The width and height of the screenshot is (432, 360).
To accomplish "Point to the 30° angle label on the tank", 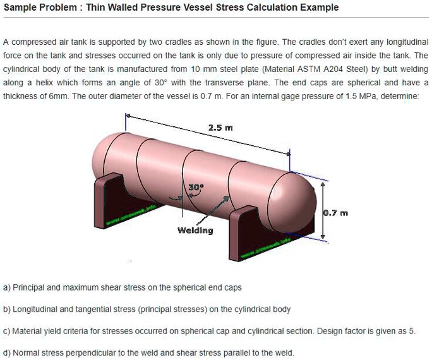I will [x=196, y=188].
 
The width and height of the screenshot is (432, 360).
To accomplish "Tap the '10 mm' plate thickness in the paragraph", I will [x=189, y=69].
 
